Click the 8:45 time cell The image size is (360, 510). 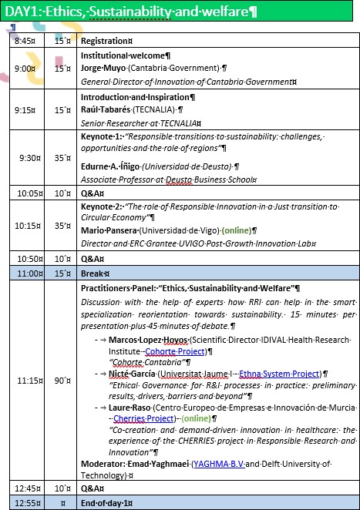click(x=26, y=40)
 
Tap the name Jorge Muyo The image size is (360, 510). click(x=103, y=68)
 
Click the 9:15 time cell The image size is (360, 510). click(x=26, y=109)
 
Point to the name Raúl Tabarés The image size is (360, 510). click(x=106, y=109)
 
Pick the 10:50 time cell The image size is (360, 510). click(x=29, y=259)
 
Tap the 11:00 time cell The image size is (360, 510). click(x=29, y=273)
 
